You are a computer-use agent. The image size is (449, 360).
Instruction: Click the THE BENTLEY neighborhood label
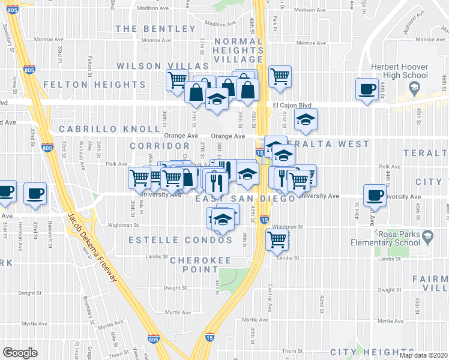pyautogui.click(x=147, y=29)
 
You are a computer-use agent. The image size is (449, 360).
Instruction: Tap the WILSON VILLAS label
pyautogui.click(x=162, y=66)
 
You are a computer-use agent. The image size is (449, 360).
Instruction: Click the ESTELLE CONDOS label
pyautogui.click(x=181, y=240)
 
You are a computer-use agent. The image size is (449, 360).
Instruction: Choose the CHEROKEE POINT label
pyautogui.click(x=200, y=260)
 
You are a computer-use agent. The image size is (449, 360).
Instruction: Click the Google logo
pyautogui.click(x=20, y=353)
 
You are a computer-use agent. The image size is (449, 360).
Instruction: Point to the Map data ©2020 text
pyautogui.click(x=423, y=355)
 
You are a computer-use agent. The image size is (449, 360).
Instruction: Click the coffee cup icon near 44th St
pyautogui.click(x=367, y=89)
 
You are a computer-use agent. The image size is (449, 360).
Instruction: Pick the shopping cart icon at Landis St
pyautogui.click(x=277, y=239)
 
